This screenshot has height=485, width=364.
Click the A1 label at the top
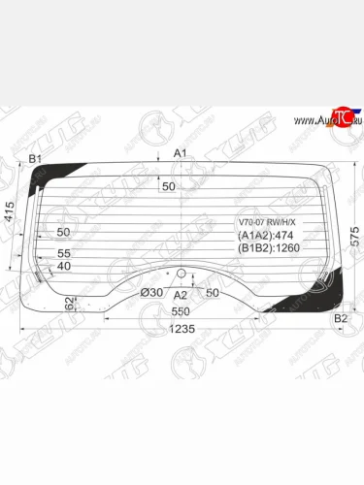coord(179,153)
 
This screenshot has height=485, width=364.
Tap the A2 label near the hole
coord(180,294)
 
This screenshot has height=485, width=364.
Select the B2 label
coord(340,318)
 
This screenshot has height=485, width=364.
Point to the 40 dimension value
coord(64,266)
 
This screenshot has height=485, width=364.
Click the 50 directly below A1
coord(169,186)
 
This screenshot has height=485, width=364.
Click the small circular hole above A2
coord(180,275)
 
